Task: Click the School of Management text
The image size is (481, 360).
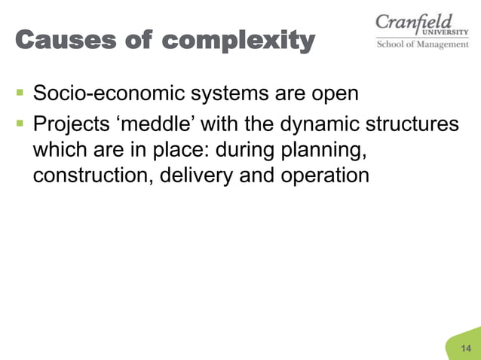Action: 422,44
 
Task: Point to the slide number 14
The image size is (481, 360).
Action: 465,347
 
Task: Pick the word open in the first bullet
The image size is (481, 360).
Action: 330,96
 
